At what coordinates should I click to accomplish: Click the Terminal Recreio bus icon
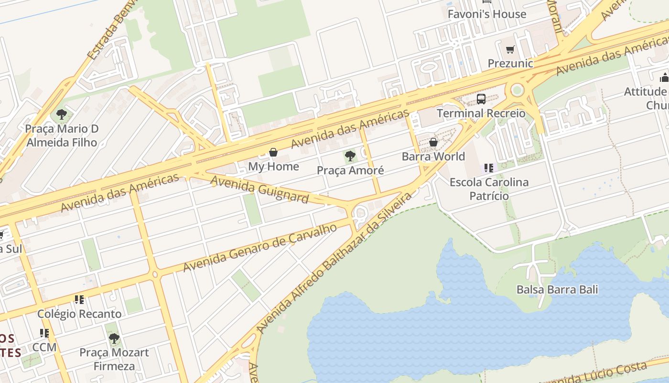coord(481,99)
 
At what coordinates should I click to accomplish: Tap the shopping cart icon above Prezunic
coord(510,49)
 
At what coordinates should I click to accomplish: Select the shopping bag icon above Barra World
coord(433,142)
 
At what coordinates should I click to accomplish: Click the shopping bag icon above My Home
coord(273,152)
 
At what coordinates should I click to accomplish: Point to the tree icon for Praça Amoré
coord(350,156)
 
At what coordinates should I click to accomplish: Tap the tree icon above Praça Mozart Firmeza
coord(114,338)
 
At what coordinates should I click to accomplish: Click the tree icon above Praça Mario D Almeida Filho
coord(61,114)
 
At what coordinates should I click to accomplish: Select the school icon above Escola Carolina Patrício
coord(488,168)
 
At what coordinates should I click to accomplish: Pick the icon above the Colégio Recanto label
coord(79,300)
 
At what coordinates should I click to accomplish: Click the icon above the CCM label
coord(44,333)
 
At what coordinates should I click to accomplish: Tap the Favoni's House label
coord(486,14)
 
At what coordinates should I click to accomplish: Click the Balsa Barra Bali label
coord(557,290)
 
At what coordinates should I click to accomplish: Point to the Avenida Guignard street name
coord(259,189)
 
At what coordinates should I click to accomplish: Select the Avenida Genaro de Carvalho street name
coord(260,248)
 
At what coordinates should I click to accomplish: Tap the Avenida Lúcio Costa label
coord(597,374)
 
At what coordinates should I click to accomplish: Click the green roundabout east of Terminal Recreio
coord(517,90)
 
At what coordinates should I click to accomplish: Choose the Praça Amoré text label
coord(350,170)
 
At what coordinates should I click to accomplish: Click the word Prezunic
coord(510,63)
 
